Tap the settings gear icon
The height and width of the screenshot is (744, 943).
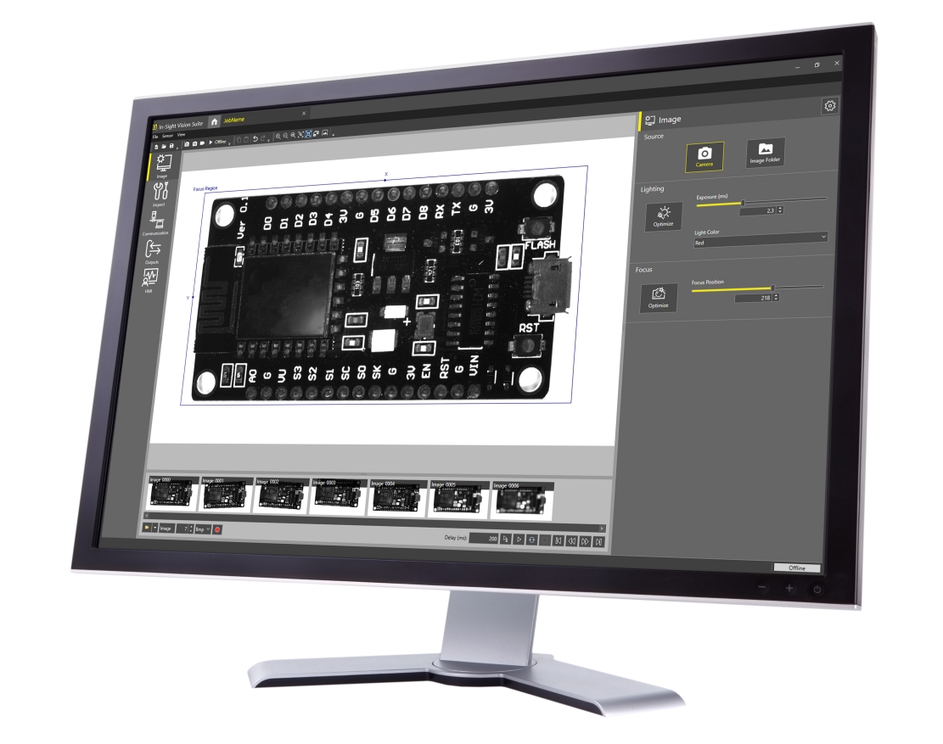[x=829, y=105]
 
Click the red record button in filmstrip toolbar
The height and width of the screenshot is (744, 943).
[x=216, y=529]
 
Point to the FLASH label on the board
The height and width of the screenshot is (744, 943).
[x=540, y=246]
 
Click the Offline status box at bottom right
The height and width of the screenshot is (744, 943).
[x=796, y=567]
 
